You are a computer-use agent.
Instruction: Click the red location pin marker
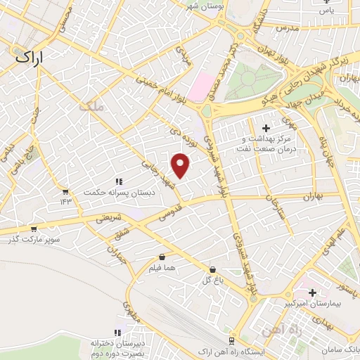tap(181, 165)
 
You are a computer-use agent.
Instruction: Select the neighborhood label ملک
tap(92, 106)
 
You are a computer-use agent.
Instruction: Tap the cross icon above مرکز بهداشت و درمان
tap(266, 128)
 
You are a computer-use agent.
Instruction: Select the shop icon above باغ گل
tap(212, 269)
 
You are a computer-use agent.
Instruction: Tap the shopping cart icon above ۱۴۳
tap(65, 191)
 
